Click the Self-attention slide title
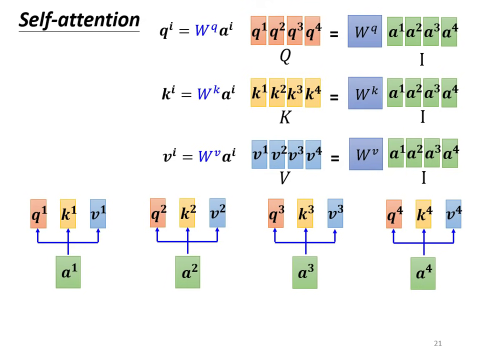click(79, 20)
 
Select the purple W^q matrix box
click(364, 31)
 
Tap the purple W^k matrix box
click(365, 93)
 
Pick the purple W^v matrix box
click(366, 154)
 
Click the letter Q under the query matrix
click(285, 56)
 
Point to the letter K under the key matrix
click(285, 117)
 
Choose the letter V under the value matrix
click(284, 177)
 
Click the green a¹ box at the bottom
click(68, 272)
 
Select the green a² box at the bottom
click(187, 272)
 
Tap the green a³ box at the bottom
click(305, 273)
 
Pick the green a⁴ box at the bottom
click(423, 273)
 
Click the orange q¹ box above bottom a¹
click(38, 214)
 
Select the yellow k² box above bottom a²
click(187, 213)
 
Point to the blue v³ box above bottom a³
click(335, 213)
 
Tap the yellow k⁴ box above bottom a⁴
click(423, 214)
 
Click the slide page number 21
click(438, 343)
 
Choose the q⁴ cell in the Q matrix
click(312, 31)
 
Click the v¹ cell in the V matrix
click(259, 154)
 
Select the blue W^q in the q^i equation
click(205, 31)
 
